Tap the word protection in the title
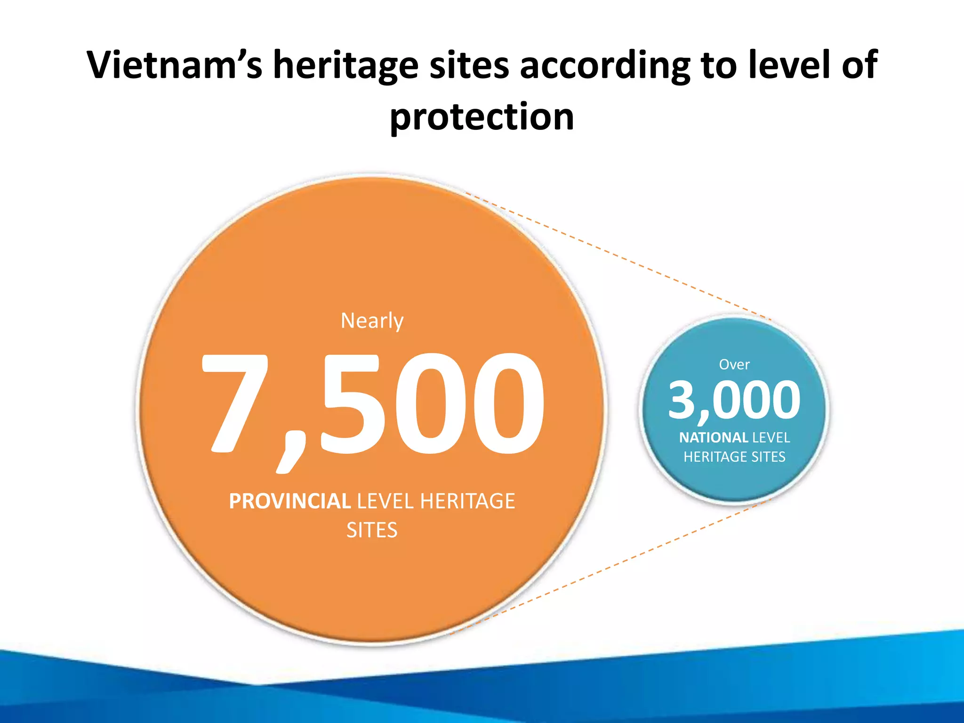coord(482,116)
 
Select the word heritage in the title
coord(346,64)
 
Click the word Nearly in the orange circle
coord(372,321)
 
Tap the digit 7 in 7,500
coord(235,402)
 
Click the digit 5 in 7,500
coord(351,402)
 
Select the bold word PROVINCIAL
coord(289,501)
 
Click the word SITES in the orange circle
coord(372,530)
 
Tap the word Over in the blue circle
coord(734,364)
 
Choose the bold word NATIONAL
coord(714,438)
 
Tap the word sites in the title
coord(469,64)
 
